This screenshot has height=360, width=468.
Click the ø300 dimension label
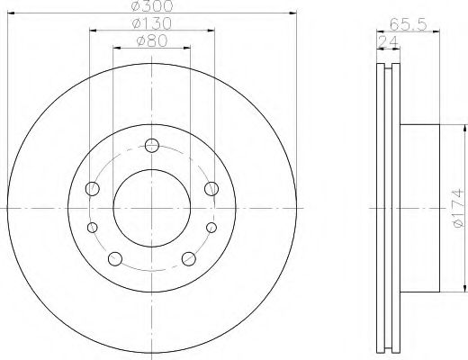point(152,5)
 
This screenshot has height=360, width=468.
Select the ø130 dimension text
point(152,23)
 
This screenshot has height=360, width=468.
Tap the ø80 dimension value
point(152,40)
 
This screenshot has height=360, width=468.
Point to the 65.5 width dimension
point(408,24)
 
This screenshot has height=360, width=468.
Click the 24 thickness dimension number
point(388,42)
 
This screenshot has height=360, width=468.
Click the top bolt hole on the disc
point(152,146)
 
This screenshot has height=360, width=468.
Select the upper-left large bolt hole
point(93,189)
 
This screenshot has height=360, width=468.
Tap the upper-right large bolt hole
point(211,189)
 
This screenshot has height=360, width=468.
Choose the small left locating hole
point(93,228)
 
